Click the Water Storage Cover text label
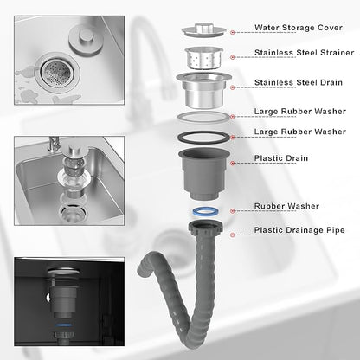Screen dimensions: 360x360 (x=299, y=28)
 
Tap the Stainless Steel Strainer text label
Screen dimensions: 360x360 (x=304, y=53)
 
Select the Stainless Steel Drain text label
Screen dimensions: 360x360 (x=299, y=82)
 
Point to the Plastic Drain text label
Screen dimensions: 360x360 (x=280, y=158)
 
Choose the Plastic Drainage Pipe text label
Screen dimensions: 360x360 (x=299, y=230)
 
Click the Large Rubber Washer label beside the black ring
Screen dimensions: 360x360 (x=300, y=132)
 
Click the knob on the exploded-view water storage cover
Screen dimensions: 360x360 (x=203, y=28)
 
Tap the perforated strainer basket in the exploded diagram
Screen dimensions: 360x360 (x=203, y=58)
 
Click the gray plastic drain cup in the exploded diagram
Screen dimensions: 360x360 (x=203, y=174)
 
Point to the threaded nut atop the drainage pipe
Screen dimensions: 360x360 (x=206, y=227)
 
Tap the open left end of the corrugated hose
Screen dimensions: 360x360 (x=142, y=269)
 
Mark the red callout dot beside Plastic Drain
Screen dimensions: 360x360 (x=233, y=164)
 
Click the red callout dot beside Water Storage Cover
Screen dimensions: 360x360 (x=233, y=33)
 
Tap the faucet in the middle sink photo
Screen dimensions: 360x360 (x=54, y=146)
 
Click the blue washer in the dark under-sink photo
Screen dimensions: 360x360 (x=64, y=325)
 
